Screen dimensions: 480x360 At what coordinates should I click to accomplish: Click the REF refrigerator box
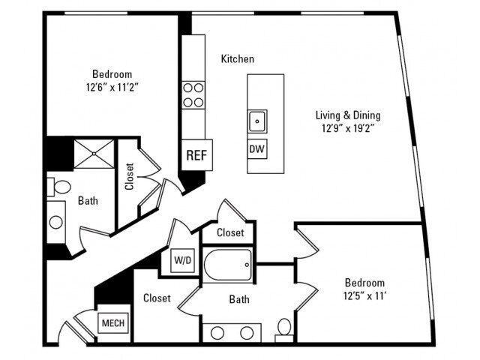click(x=196, y=155)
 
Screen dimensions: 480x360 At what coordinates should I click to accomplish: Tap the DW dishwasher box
click(x=257, y=148)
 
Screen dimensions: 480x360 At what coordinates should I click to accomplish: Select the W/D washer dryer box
click(x=182, y=260)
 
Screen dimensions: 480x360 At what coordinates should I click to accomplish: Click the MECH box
click(x=113, y=323)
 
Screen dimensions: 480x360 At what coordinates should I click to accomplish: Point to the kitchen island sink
click(x=257, y=121)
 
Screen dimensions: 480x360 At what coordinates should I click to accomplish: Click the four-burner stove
click(x=193, y=95)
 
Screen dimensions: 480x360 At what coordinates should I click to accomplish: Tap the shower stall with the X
click(x=94, y=154)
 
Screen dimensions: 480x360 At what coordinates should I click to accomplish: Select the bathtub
click(x=228, y=265)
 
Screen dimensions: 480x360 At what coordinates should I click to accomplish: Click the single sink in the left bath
click(x=56, y=222)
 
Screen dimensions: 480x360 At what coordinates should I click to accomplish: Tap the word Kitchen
click(x=238, y=58)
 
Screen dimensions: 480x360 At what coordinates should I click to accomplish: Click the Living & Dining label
click(x=348, y=115)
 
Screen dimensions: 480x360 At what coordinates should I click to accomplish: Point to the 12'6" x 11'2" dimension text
click(x=112, y=88)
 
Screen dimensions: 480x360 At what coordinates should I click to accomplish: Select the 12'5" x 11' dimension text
click(x=364, y=296)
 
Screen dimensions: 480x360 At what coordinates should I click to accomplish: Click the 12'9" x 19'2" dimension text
click(x=348, y=128)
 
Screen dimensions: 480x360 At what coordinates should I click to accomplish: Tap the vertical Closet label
click(x=130, y=176)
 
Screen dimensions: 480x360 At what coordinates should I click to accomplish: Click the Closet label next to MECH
click(x=157, y=298)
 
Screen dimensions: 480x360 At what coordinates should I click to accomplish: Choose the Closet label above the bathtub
click(x=230, y=232)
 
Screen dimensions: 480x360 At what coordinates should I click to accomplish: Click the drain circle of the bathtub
click(x=247, y=265)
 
